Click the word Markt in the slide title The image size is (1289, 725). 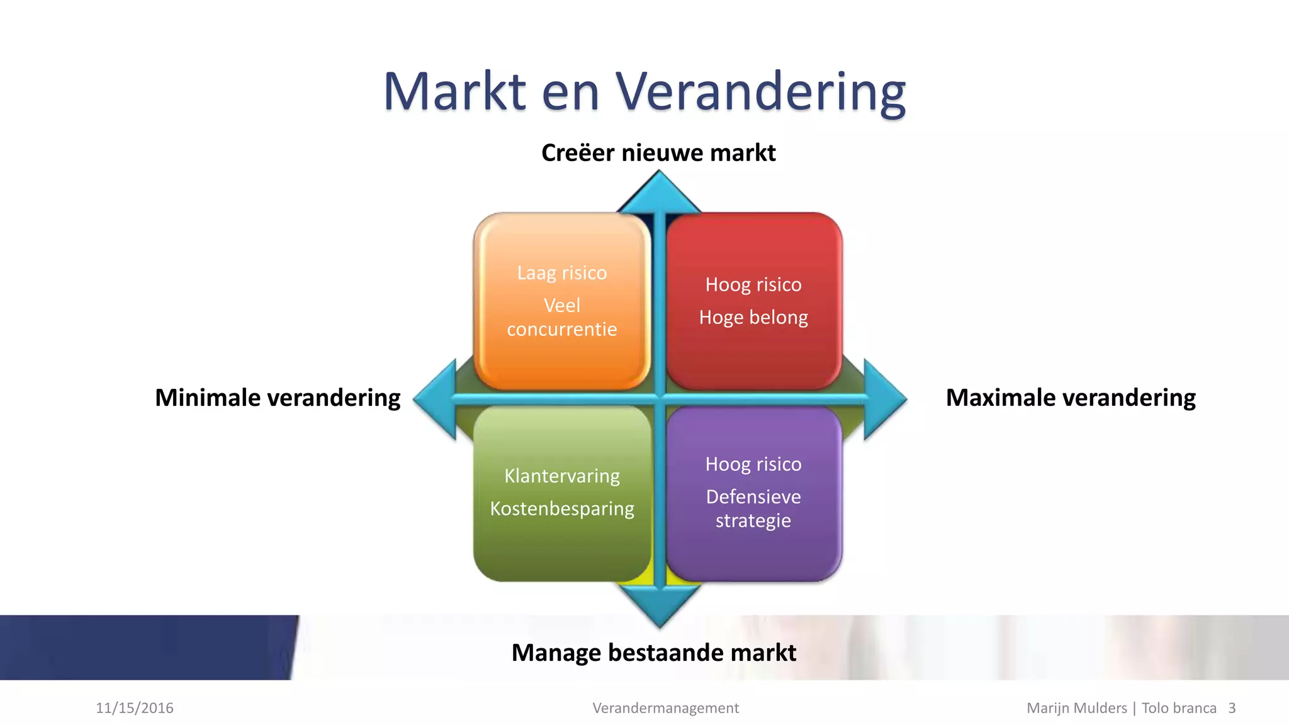(454, 92)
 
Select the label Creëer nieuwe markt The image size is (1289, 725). (658, 153)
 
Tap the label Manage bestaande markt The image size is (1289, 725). (653, 653)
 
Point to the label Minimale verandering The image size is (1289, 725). (278, 398)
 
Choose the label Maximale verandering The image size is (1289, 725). (1071, 398)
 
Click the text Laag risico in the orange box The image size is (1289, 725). (562, 273)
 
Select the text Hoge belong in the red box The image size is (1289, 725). (753, 317)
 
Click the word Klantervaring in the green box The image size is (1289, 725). (562, 476)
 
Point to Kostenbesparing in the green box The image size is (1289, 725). (562, 509)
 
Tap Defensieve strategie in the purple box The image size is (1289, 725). (753, 509)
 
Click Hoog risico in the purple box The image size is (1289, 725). (753, 464)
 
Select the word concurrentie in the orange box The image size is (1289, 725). (562, 329)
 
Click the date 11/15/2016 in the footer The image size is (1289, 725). (135, 708)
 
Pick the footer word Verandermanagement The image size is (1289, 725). (665, 708)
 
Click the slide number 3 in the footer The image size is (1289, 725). (1232, 708)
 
